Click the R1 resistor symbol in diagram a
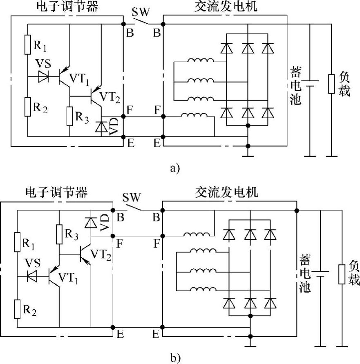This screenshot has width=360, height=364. coord(28,45)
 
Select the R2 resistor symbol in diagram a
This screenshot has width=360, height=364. coord(28,106)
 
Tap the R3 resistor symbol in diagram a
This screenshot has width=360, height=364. coord(70,116)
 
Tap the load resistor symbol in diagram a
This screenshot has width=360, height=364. coord(332,84)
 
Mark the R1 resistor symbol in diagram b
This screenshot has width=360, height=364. coord(18,242)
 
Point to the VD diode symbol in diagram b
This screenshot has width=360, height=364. coord(91,222)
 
